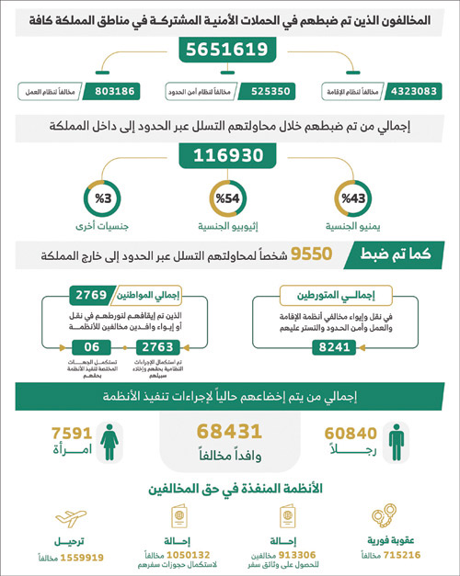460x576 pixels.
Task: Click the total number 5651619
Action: click(230, 50)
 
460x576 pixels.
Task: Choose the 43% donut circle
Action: click(353, 198)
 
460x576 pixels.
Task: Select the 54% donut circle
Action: click(230, 198)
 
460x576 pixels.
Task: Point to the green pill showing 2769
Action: click(93, 295)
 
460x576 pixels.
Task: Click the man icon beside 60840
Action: click(397, 442)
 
